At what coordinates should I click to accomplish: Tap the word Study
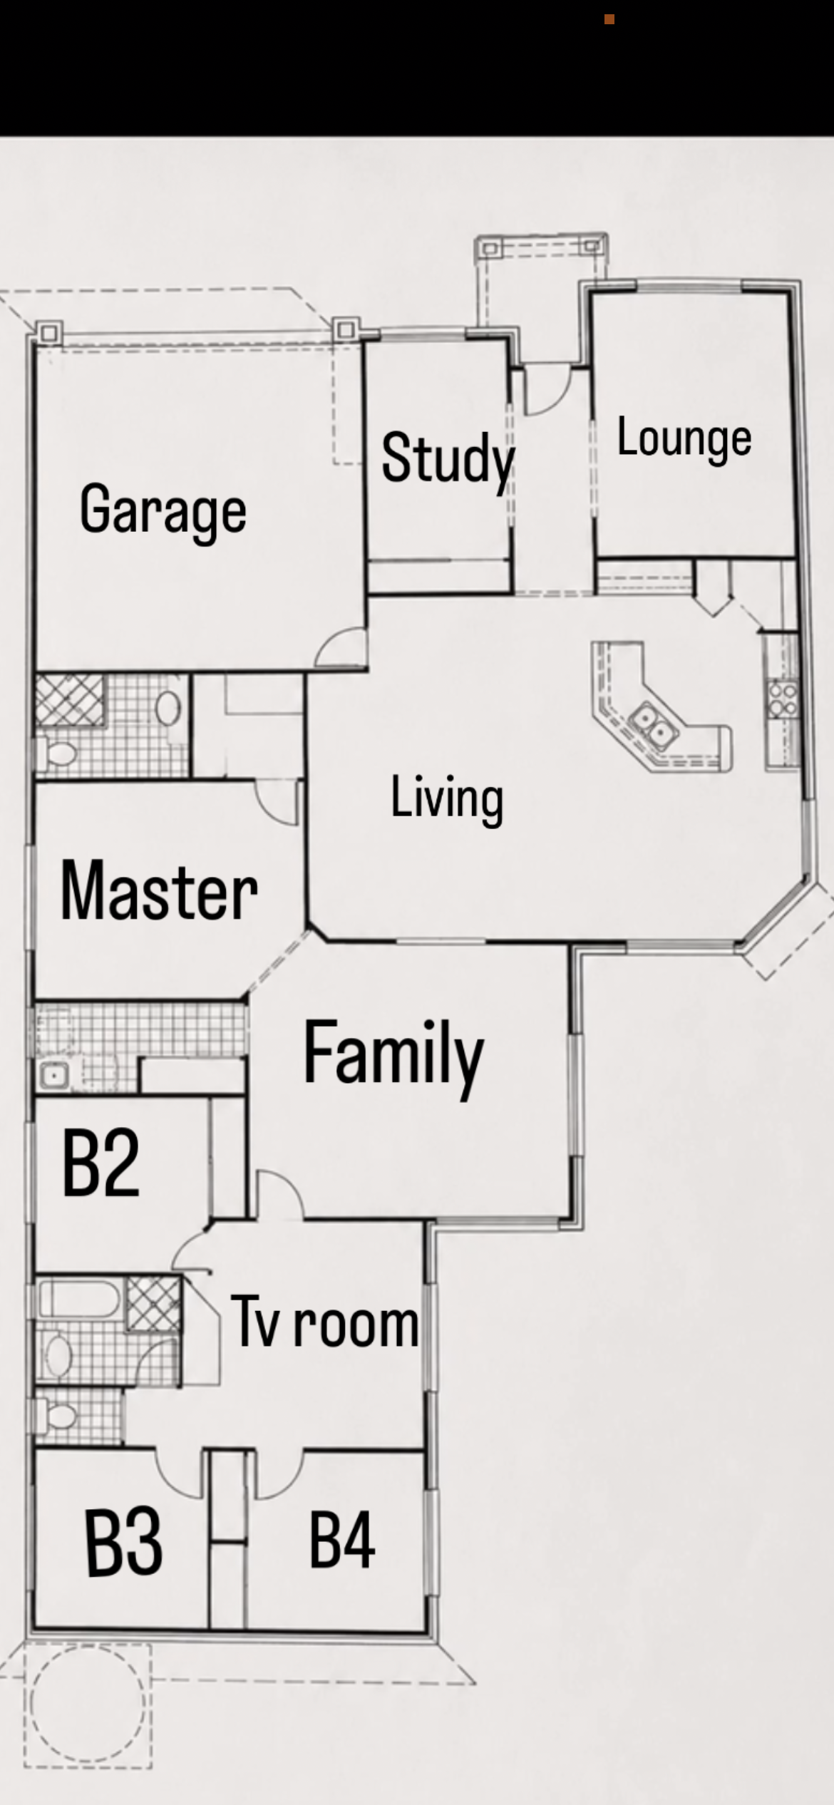pyautogui.click(x=448, y=459)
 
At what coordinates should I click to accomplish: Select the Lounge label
pyautogui.click(x=684, y=438)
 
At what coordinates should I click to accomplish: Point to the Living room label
pyautogui.click(x=447, y=799)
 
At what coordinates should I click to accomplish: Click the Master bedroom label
pyautogui.click(x=159, y=891)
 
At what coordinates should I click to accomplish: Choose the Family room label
pyautogui.click(x=393, y=1056)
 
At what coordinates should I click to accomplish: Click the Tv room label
pyautogui.click(x=325, y=1322)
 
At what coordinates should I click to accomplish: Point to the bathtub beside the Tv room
pyautogui.click(x=78, y=1298)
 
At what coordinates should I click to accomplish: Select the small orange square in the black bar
pyautogui.click(x=609, y=19)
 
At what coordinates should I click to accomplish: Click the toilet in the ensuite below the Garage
pyautogui.click(x=58, y=754)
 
